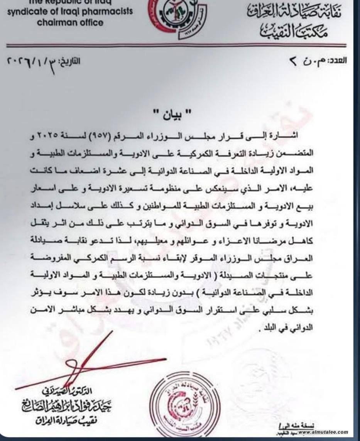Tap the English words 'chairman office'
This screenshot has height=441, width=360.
click(70, 22)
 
